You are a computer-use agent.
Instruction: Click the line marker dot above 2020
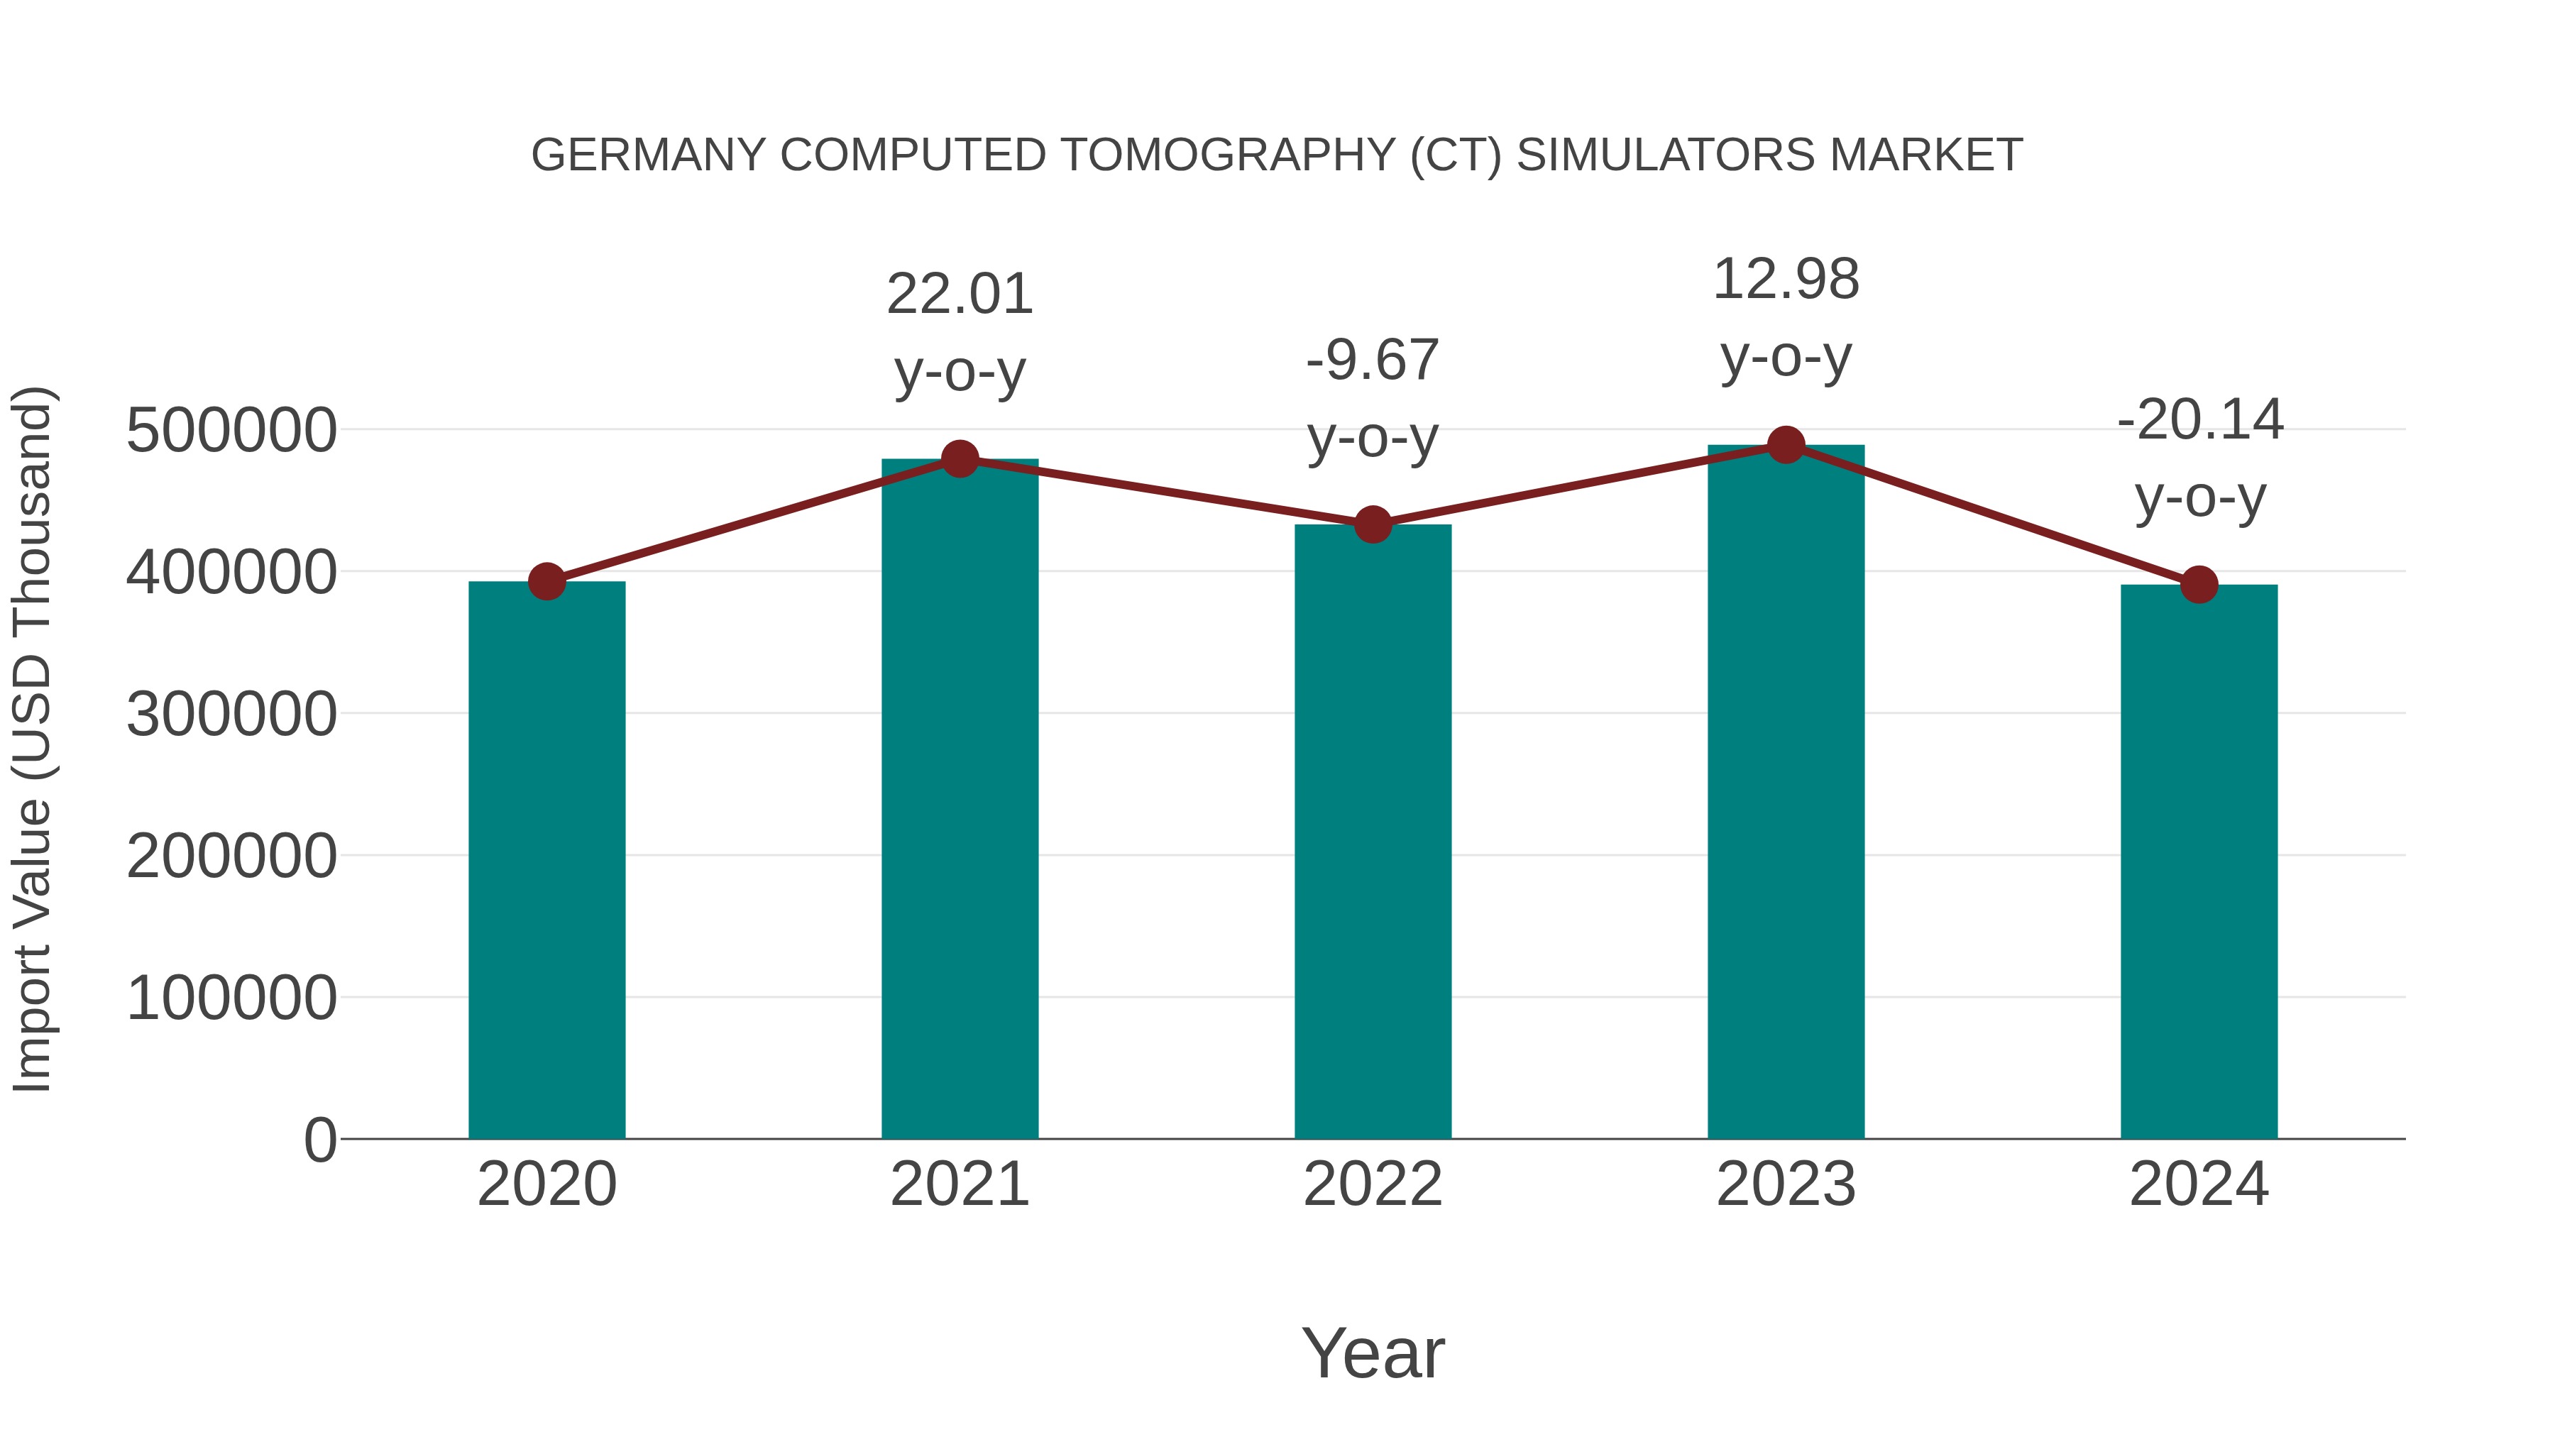(546, 581)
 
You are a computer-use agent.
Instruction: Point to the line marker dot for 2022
(1373, 524)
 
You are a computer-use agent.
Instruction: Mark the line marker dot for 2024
(2199, 585)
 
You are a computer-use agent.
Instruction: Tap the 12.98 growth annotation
(1786, 280)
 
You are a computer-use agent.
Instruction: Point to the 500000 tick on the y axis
(231, 431)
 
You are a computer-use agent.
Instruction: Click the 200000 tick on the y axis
(231, 856)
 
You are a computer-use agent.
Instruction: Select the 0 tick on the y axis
(319, 1140)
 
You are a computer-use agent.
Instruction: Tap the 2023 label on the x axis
(1786, 1184)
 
